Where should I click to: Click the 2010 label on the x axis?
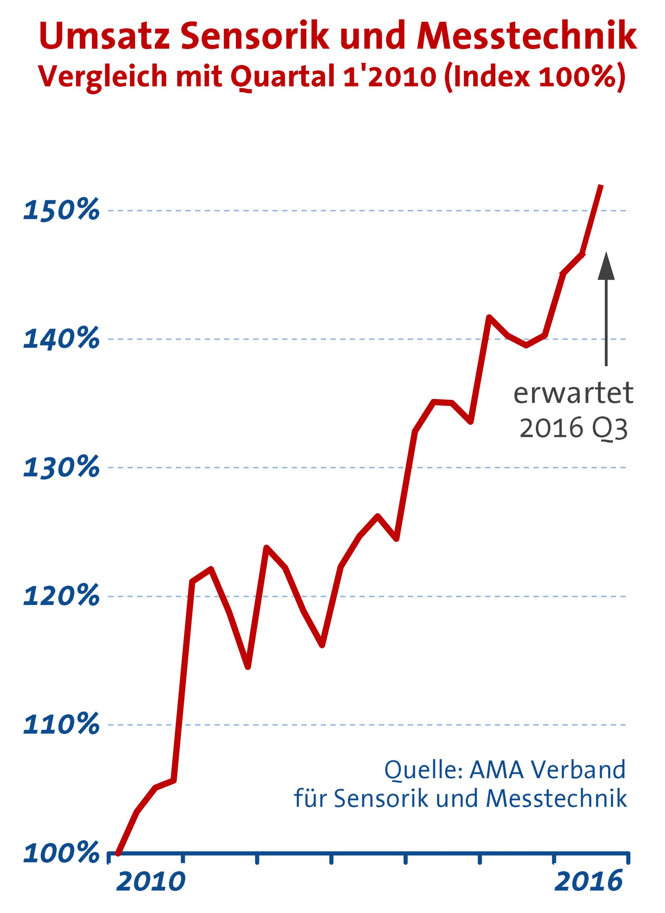click(151, 891)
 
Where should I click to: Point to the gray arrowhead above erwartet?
click(606, 266)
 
